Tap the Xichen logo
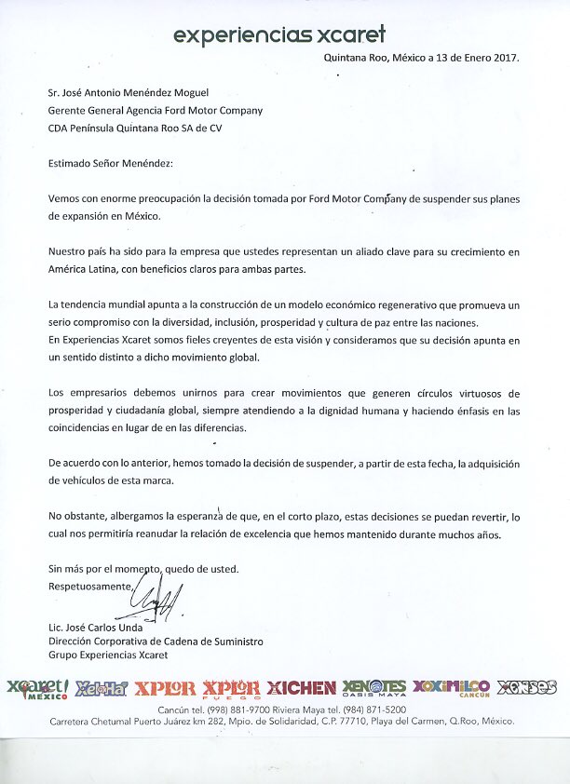tap(301, 688)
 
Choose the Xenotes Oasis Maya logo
tap(373, 689)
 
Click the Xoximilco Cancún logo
tap(451, 688)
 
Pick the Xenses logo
tap(526, 687)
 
